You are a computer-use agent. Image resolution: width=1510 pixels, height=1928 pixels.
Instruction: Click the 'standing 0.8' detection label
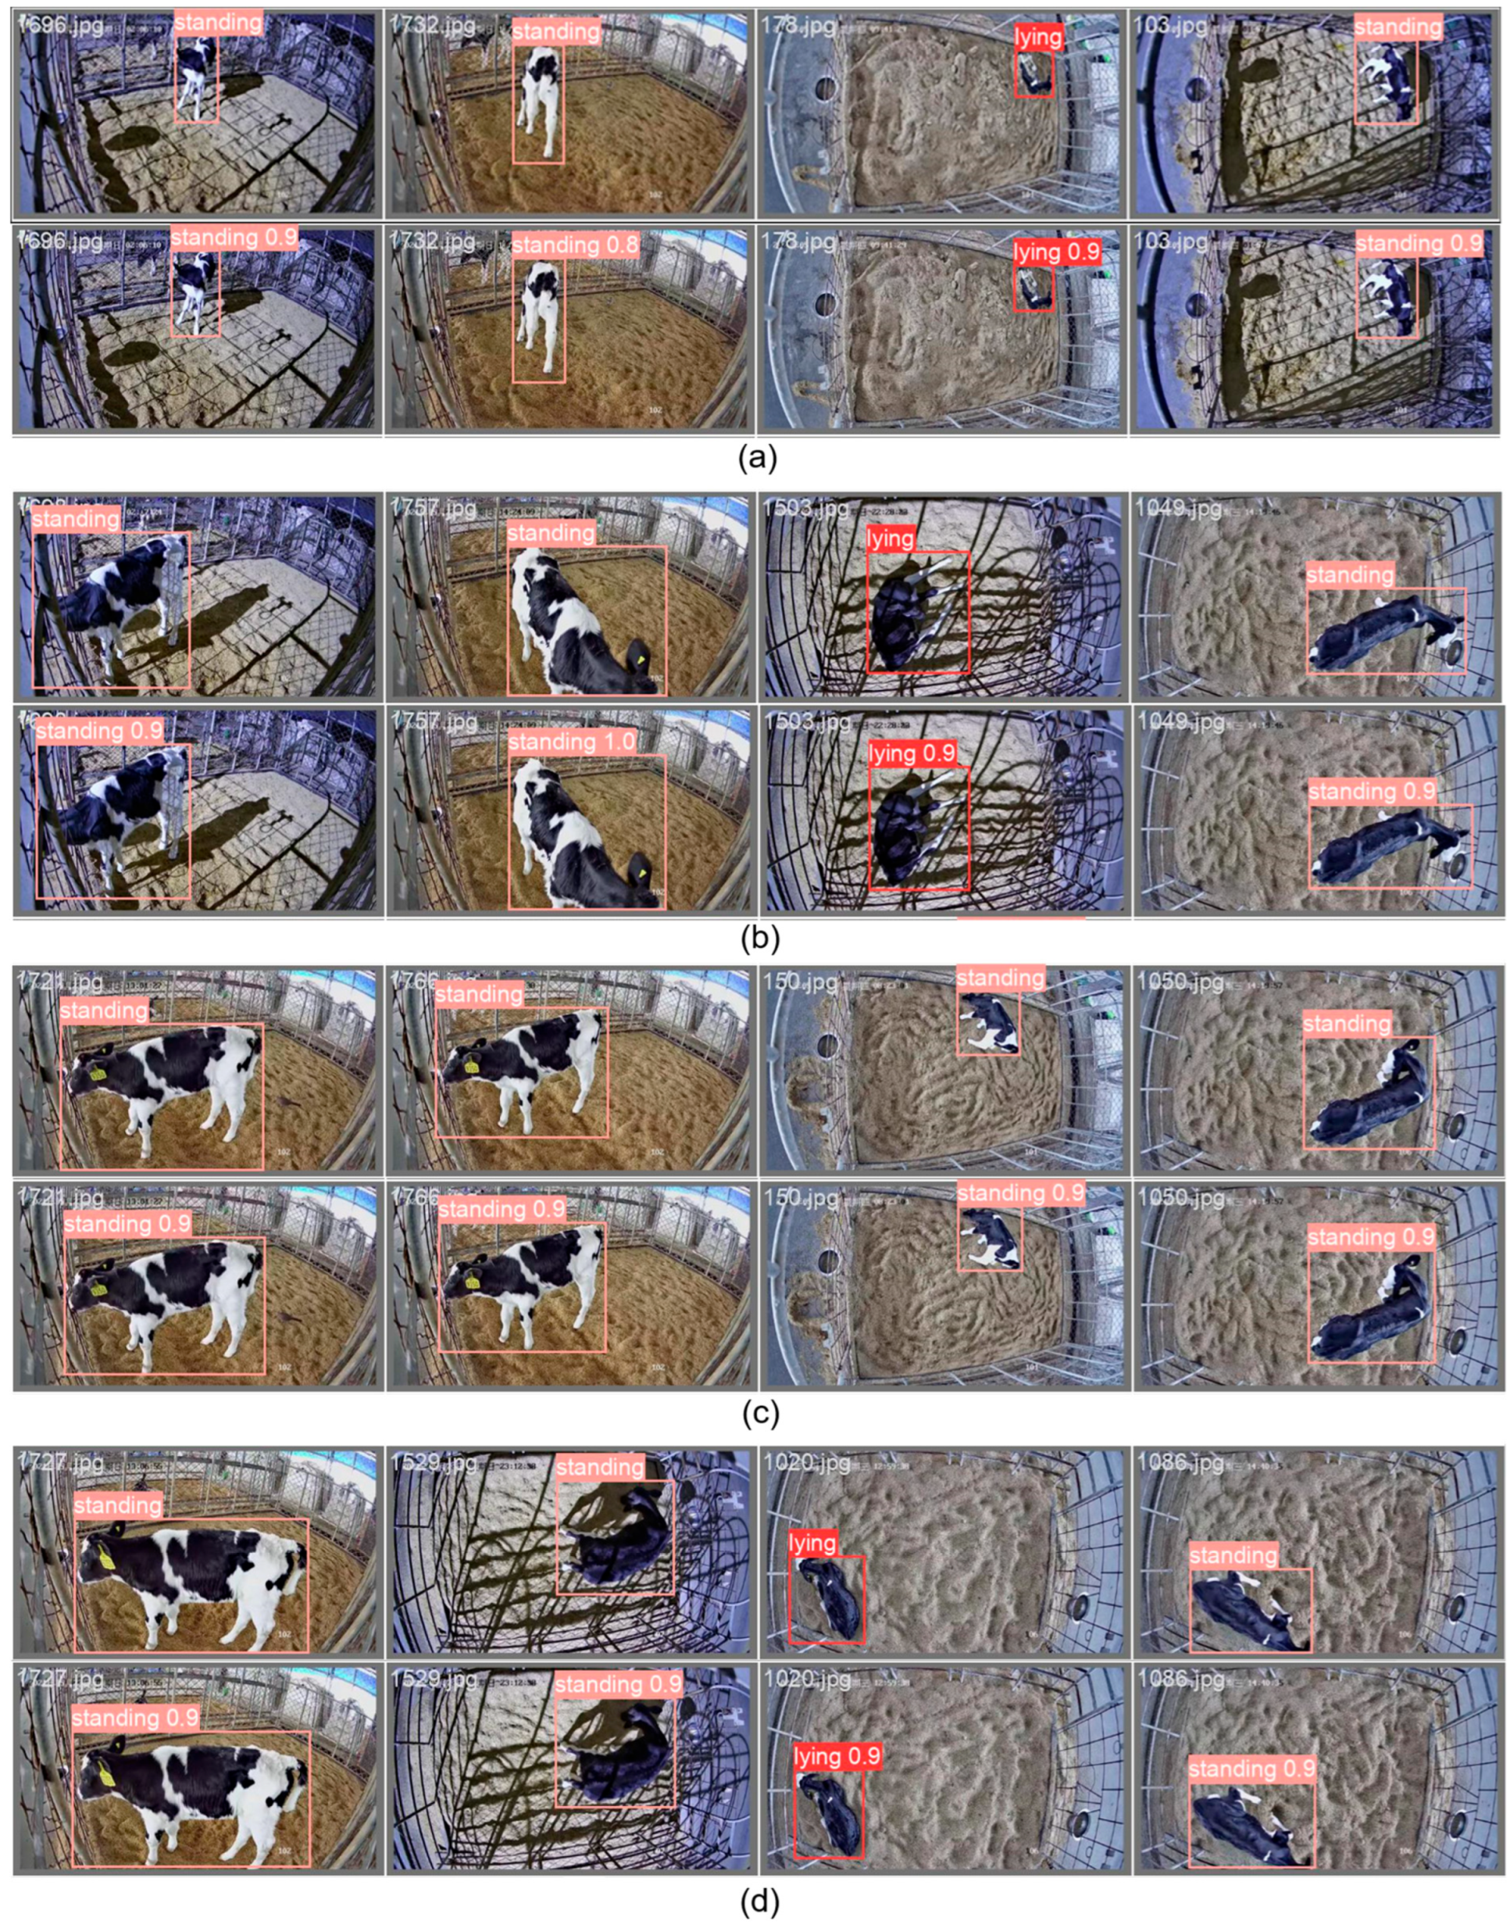coord(575,244)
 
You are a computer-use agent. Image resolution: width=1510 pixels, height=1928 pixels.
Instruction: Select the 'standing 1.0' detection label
coord(572,741)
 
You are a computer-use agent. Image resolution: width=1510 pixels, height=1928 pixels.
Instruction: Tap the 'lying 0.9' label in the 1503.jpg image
coord(912,753)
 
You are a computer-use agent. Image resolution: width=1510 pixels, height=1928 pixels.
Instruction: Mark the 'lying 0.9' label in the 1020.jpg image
coord(837,1755)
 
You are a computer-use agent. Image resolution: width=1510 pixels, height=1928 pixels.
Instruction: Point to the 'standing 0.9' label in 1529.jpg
coord(619,1684)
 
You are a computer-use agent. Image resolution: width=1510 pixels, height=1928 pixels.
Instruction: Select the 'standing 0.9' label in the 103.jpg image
coord(1418,242)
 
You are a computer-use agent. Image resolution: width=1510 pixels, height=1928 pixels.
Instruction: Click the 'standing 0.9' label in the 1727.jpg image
coord(134,1718)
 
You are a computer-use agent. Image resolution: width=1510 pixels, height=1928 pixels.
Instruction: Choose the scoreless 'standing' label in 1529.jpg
coord(600,1467)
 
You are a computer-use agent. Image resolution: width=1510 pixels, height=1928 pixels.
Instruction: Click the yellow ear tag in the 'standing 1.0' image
coord(640,874)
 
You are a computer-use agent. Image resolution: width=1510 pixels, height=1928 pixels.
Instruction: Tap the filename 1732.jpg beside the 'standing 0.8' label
coord(430,241)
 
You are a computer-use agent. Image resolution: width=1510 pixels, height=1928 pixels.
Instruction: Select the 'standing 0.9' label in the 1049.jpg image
coord(1371,791)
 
